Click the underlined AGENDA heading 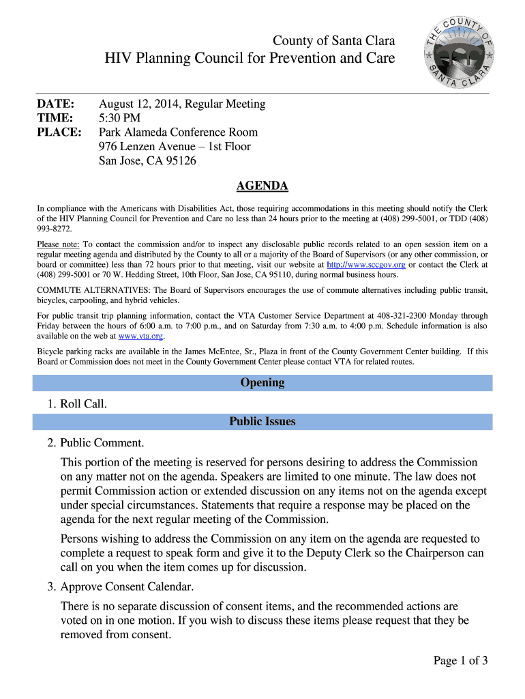262,186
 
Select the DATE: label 55,104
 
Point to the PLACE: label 59,132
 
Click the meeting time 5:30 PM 120,118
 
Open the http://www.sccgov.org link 366,265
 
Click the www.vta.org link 141,336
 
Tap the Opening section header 262,382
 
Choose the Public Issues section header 262,421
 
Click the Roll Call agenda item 83,404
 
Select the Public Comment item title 102,443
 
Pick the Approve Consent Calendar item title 127,586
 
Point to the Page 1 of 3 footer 460,660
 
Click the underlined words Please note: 59,244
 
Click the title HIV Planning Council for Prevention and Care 250,59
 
